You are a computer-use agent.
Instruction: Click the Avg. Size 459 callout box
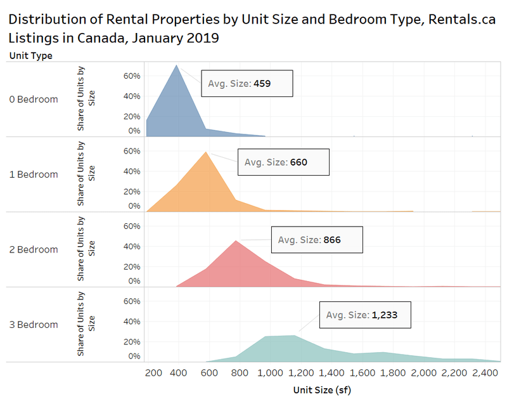pos(247,83)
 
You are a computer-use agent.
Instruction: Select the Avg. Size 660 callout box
pos(283,162)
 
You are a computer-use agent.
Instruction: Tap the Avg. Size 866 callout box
pos(317,240)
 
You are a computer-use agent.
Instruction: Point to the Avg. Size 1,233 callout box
pos(365,315)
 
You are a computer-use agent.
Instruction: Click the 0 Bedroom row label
pos(33,100)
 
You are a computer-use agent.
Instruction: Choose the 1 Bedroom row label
pos(33,174)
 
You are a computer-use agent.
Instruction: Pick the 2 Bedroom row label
pos(33,249)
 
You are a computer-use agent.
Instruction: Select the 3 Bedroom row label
pos(33,325)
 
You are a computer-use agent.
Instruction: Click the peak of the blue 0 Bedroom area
pos(177,65)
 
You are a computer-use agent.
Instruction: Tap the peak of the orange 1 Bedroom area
pos(206,152)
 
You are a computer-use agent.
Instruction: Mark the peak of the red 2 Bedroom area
pos(236,240)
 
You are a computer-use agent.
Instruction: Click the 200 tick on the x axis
pos(153,373)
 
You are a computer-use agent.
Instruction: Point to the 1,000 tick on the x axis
pos(269,373)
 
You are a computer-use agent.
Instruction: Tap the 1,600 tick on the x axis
pos(361,373)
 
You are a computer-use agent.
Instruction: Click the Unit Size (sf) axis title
pos(322,391)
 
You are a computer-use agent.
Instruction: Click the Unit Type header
pos(30,55)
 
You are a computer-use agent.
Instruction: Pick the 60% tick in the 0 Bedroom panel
pos(131,76)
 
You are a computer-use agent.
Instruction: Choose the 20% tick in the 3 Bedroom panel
pos(131,341)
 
